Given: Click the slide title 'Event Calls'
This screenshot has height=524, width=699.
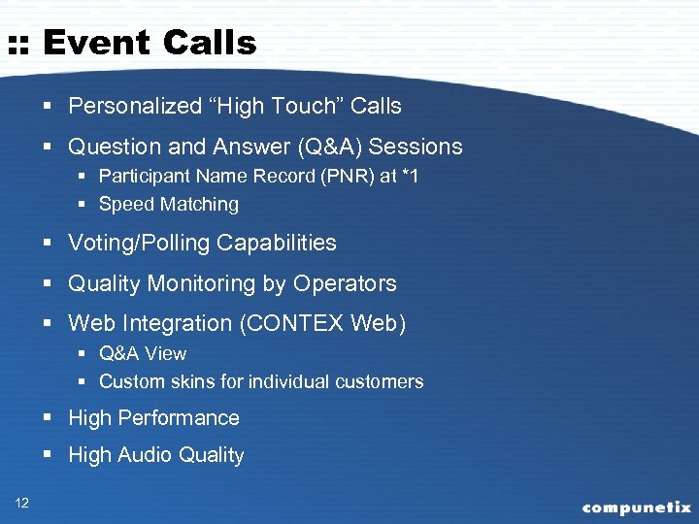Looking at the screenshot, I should point(150,43).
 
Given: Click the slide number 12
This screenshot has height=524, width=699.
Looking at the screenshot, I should point(22,502).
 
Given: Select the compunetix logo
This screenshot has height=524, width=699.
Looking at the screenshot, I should point(636,507).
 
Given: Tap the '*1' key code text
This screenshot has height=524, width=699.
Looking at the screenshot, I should point(410,177).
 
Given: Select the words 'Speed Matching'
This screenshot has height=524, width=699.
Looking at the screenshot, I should point(169,204).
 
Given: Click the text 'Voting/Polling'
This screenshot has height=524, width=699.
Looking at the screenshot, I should point(137,243).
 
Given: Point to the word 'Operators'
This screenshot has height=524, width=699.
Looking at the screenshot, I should point(345,283).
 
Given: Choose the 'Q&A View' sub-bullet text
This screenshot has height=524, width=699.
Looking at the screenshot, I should point(143,353).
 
